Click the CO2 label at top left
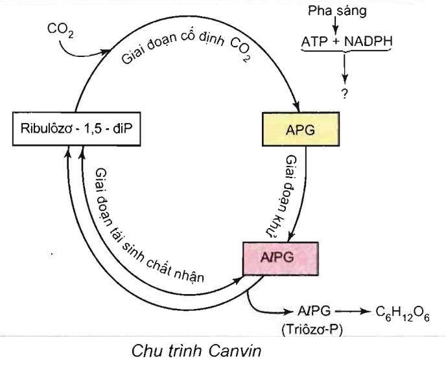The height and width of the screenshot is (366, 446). (x=60, y=30)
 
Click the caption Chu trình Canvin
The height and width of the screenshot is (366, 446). (x=186, y=352)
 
